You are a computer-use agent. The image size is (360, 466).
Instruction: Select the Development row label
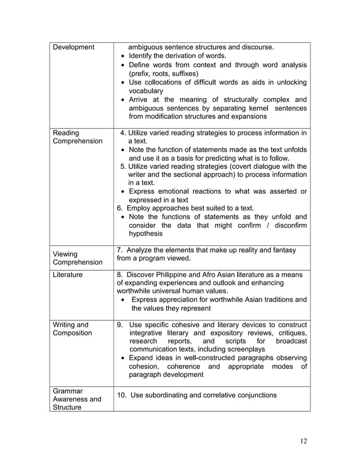coord(73,47)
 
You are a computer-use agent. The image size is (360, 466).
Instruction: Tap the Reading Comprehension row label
coord(77,137)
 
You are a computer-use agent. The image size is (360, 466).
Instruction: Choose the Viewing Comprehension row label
coord(77,258)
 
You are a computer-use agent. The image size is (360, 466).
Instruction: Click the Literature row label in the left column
coord(68,275)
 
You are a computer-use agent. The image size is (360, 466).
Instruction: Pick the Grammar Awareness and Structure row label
coord(77,399)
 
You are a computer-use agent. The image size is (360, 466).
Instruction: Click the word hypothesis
coord(146,234)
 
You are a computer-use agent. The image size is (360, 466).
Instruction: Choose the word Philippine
coord(173,275)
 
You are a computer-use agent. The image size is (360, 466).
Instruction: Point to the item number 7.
coord(119,250)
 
